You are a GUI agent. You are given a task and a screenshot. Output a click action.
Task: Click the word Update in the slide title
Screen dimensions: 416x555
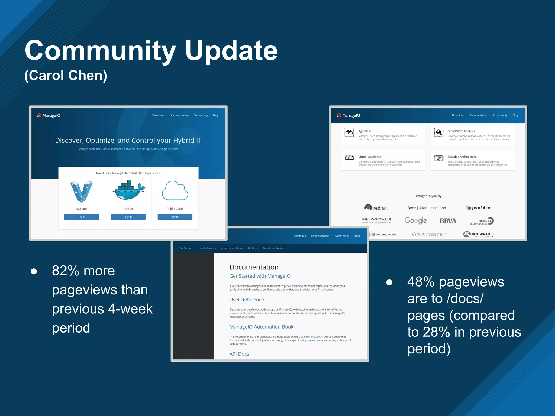231,51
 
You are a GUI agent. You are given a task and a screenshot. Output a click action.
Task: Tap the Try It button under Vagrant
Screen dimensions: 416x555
81,217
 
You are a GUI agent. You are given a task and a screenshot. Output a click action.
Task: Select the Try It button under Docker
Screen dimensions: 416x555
128,217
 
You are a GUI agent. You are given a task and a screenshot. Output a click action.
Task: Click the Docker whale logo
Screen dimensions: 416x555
128,190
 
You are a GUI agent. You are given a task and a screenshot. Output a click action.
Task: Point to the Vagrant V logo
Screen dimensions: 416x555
81,191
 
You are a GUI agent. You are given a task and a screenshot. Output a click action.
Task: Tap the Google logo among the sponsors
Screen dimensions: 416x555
415,220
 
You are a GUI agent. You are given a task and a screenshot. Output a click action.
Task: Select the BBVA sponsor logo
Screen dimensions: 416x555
448,221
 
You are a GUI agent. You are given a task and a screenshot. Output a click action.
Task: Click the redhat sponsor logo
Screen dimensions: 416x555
376,208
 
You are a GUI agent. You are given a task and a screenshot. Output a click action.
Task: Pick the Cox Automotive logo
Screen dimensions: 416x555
429,234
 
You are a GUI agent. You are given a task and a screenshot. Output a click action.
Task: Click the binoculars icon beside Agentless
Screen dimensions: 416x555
349,132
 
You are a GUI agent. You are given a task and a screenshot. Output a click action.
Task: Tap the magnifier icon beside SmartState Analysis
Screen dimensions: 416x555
439,132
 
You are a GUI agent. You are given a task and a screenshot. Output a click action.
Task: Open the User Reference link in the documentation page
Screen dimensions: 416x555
247,300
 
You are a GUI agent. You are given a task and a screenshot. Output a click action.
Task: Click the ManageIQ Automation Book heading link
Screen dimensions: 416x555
261,327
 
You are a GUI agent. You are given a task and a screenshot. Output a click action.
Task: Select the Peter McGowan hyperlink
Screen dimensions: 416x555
314,337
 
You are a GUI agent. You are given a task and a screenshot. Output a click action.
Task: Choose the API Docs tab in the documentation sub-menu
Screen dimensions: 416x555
253,248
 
